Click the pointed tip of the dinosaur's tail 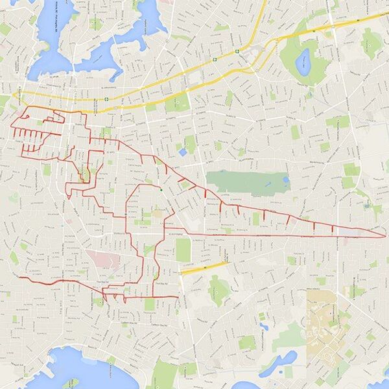tap(384, 236)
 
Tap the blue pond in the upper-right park tap(302, 62)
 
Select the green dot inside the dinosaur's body tap(161, 190)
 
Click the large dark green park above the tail tap(246, 182)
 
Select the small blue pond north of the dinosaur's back tap(183, 152)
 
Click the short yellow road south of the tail tap(204, 267)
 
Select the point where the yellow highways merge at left tap(14, 95)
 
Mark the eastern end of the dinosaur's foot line tap(177, 297)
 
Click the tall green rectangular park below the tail tap(183, 250)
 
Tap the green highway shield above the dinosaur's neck tap(106, 99)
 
